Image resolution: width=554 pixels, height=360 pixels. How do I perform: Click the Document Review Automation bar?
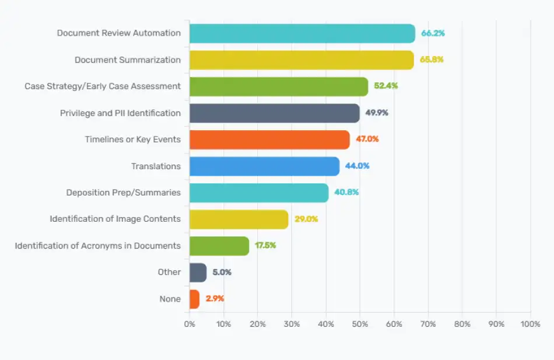click(x=302, y=33)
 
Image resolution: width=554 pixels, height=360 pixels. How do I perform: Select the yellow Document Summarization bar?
click(x=301, y=60)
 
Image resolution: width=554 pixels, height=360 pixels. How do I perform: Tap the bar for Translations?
click(x=264, y=166)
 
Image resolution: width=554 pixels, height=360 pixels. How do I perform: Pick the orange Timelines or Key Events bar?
click(x=269, y=139)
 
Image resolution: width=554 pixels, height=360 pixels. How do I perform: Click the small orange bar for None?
click(x=194, y=299)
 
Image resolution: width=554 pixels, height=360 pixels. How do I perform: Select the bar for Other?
click(x=198, y=272)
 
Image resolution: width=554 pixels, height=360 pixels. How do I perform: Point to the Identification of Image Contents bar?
click(x=239, y=219)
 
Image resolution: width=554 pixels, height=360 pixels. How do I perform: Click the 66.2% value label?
click(x=433, y=33)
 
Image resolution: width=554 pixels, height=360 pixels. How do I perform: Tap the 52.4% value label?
click(x=386, y=86)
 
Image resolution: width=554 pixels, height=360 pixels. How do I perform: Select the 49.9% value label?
click(x=377, y=113)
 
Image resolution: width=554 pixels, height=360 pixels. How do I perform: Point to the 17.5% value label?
click(x=265, y=246)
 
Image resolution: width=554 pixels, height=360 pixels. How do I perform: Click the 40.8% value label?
click(x=346, y=193)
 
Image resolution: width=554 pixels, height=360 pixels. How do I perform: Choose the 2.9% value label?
click(x=215, y=299)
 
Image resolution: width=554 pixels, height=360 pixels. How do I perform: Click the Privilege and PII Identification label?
click(x=120, y=113)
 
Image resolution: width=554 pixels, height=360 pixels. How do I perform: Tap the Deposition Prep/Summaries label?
click(x=123, y=193)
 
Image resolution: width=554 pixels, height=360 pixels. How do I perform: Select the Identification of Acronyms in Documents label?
click(x=97, y=246)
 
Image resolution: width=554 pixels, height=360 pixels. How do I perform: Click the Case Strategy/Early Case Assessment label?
click(x=103, y=86)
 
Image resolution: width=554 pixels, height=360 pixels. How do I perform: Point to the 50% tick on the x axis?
click(x=360, y=324)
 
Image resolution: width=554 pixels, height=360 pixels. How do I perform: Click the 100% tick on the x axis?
click(x=530, y=324)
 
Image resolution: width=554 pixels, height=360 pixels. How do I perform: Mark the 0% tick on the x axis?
click(x=190, y=324)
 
